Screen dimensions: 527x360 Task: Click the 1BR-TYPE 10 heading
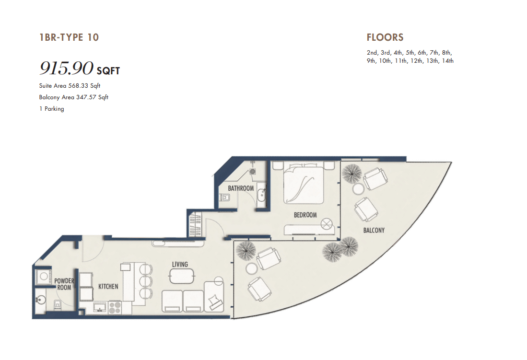click(x=69, y=37)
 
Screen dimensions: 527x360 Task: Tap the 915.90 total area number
click(x=67, y=68)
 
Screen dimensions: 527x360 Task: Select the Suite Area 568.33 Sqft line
click(x=70, y=86)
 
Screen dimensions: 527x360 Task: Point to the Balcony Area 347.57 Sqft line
click(x=73, y=97)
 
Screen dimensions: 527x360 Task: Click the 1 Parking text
click(x=51, y=108)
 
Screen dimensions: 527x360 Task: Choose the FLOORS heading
click(x=385, y=37)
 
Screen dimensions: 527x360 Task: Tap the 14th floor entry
click(x=448, y=61)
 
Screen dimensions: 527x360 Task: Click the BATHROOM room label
click(x=241, y=188)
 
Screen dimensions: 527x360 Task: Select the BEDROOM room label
click(x=305, y=215)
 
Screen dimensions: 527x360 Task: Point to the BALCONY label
click(x=374, y=230)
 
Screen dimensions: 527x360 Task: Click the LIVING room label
click(x=180, y=265)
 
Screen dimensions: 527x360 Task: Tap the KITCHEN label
click(x=108, y=286)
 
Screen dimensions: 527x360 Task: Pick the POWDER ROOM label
click(x=64, y=284)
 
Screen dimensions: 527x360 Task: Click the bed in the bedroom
click(x=304, y=183)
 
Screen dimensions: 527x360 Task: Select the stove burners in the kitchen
click(x=115, y=308)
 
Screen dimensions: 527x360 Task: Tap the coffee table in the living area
click(x=182, y=276)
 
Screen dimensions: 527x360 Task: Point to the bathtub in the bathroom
click(x=262, y=195)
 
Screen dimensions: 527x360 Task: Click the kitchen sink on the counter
click(x=100, y=307)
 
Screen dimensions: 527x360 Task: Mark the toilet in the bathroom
click(x=224, y=197)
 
